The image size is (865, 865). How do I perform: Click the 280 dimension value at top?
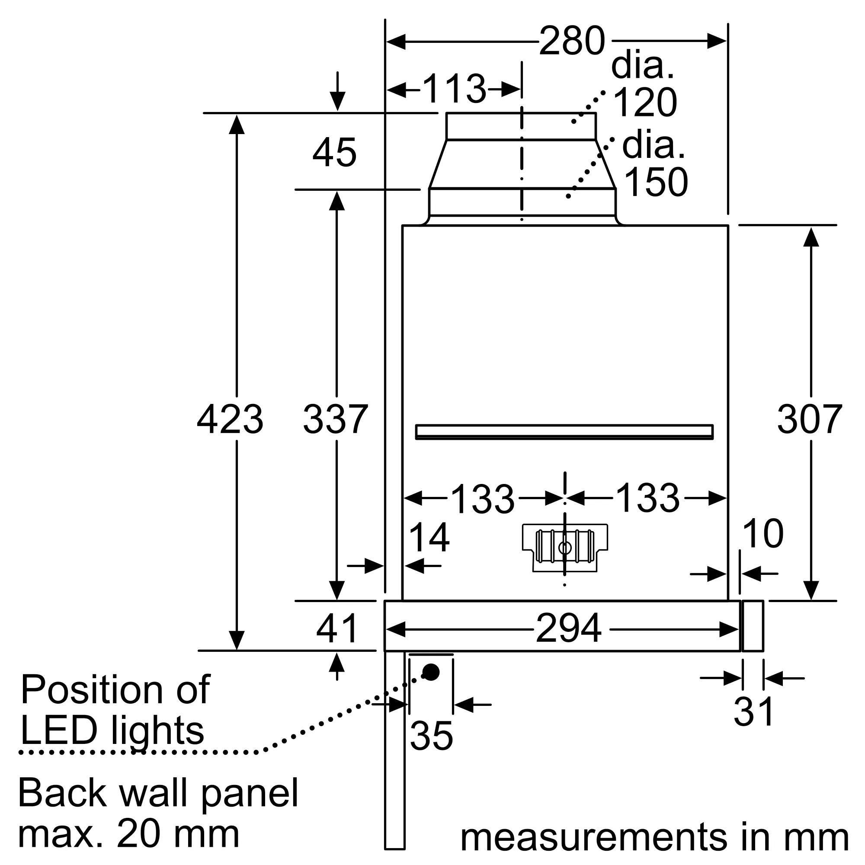[572, 41]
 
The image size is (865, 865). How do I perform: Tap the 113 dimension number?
[454, 89]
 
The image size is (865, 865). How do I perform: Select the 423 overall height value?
[230, 419]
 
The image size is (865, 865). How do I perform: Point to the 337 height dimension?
[336, 419]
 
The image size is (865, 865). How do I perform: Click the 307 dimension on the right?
[810, 419]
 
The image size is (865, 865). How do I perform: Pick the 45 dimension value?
[334, 153]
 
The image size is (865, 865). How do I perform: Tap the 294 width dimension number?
[569, 628]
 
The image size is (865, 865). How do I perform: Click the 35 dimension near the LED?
[431, 736]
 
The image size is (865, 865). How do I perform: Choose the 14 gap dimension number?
[429, 538]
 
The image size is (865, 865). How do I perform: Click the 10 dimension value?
[763, 533]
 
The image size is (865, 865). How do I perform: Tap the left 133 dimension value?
[483, 499]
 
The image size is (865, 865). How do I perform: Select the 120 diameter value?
[645, 103]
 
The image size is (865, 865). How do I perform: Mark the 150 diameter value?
[656, 182]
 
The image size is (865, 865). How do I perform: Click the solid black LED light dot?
[431, 672]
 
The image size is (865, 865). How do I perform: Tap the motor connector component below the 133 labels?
[565, 548]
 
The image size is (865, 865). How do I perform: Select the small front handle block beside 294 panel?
[753, 626]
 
